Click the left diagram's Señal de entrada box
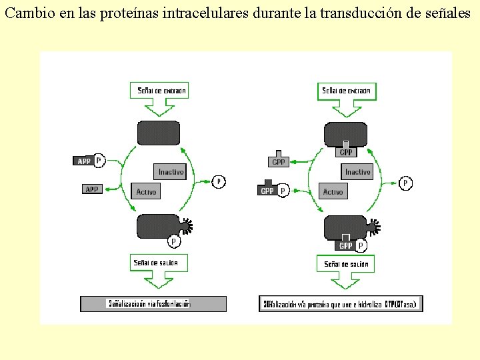click(161, 90)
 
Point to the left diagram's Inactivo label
click(170, 172)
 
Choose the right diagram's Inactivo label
click(357, 172)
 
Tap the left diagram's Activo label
click(146, 191)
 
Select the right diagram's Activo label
click(333, 191)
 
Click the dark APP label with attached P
click(85, 161)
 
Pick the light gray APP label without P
click(92, 189)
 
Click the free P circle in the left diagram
click(219, 181)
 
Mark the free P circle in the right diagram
click(405, 182)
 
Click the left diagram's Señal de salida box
click(158, 263)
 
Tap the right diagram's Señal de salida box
click(345, 264)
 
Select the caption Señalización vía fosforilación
click(149, 303)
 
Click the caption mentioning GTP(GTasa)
click(340, 304)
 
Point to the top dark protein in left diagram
click(158, 133)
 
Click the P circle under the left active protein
click(174, 241)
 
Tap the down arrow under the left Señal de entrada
click(159, 106)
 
